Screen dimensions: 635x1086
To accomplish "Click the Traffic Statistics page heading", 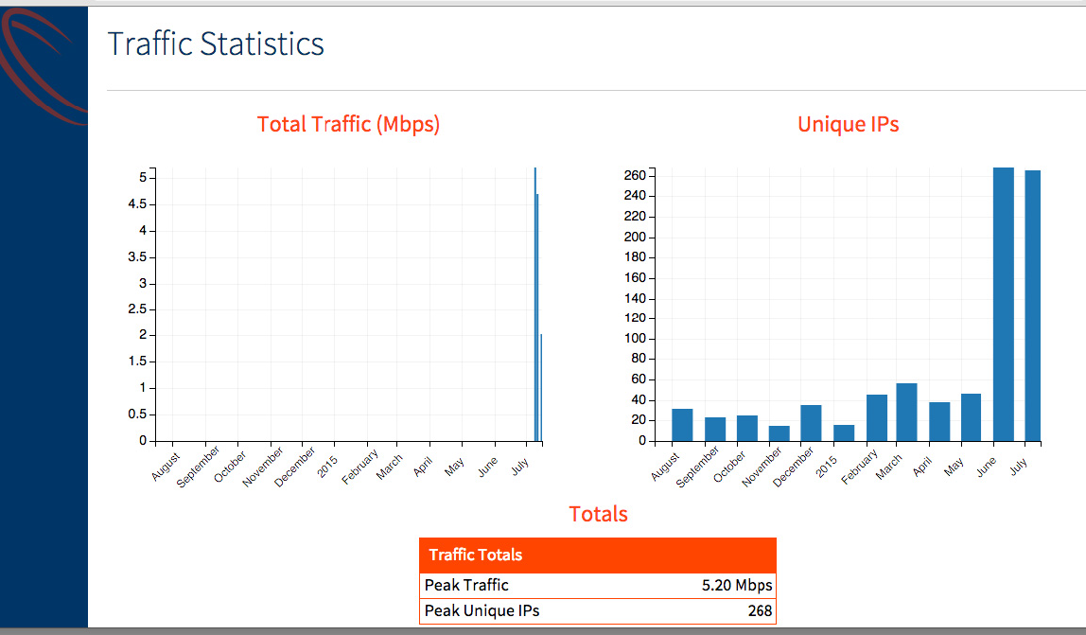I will [216, 44].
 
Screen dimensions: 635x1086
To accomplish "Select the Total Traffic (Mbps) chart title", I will [348, 125].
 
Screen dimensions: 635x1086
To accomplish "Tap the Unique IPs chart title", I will [848, 125].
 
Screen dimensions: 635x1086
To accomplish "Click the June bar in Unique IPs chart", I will [1003, 304].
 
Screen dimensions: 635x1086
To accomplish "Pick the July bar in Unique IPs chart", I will [1032, 305].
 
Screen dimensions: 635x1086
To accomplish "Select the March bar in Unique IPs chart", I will [906, 412].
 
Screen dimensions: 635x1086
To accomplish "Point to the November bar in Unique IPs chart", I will [779, 432].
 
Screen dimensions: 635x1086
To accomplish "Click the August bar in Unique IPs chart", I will [682, 425].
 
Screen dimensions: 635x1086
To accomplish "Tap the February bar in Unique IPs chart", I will [876, 417].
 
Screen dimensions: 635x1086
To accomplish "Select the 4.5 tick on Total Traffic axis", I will [137, 204].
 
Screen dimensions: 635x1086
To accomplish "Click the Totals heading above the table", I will [598, 514].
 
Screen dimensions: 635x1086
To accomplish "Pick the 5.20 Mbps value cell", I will [737, 585].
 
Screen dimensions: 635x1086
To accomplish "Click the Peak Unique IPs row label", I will [482, 611].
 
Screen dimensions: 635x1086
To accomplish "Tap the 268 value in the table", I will [760, 611].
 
